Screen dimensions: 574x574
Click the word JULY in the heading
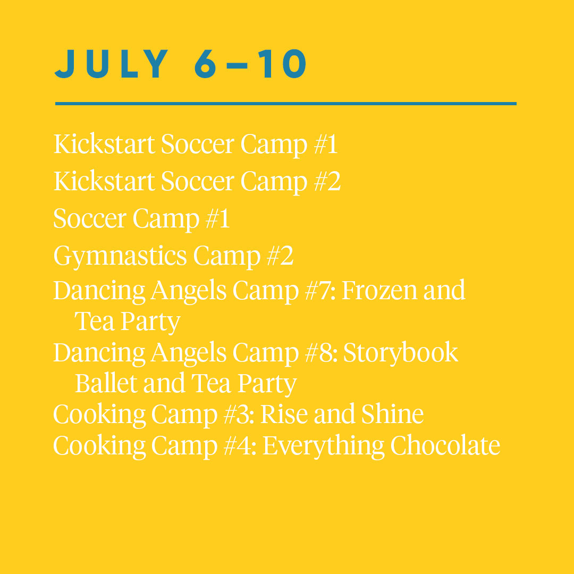(x=111, y=64)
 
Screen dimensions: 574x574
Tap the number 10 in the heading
(x=282, y=64)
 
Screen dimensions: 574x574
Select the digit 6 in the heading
(x=205, y=64)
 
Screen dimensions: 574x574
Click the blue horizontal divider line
(x=285, y=104)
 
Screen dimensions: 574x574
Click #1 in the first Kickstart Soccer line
(x=326, y=144)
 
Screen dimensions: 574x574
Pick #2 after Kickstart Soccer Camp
(x=327, y=181)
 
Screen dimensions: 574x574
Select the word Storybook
(x=401, y=353)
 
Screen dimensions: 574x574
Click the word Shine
(x=392, y=413)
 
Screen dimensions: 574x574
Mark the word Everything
(x=323, y=446)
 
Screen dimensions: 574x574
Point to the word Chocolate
(x=445, y=445)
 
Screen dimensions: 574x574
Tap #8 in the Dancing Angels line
(x=321, y=352)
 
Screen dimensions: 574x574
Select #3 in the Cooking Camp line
(x=239, y=414)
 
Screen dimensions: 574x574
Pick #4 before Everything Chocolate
(x=240, y=445)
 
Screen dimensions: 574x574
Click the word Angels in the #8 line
(x=188, y=353)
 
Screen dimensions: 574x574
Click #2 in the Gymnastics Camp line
(x=280, y=256)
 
